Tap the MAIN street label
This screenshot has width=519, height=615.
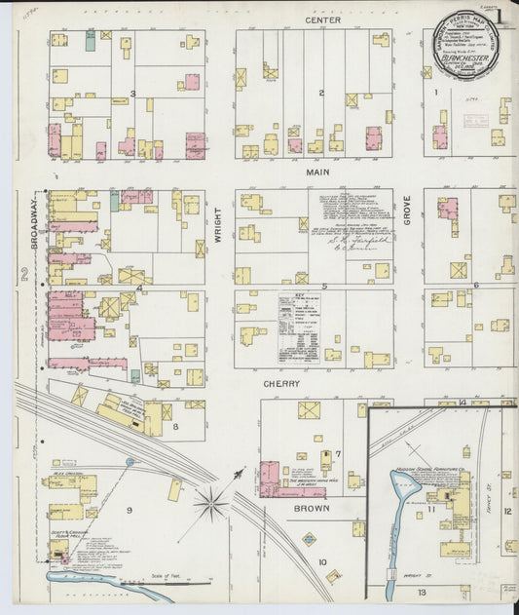point(318,173)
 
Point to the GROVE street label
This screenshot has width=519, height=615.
point(407,211)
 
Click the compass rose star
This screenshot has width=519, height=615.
point(210,503)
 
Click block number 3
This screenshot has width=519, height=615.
point(132,94)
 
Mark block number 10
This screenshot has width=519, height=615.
point(321,561)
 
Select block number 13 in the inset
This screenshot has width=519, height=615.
point(423,592)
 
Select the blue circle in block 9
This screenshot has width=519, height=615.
point(130,462)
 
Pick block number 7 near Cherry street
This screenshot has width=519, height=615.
point(338,453)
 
